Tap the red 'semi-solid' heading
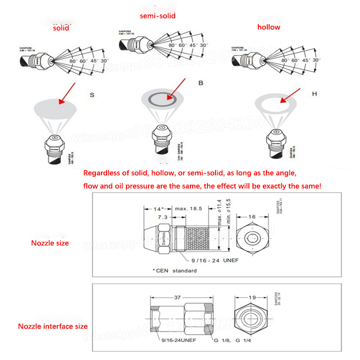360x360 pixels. (x=157, y=16)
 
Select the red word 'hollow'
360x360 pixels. (x=269, y=27)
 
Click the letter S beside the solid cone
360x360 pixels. (x=92, y=95)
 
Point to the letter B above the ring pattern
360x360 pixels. (x=201, y=84)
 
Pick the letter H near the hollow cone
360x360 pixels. (x=315, y=94)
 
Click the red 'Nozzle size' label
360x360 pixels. (x=50, y=243)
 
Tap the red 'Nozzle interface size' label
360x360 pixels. (x=53, y=326)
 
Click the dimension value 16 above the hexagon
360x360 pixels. (x=252, y=217)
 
